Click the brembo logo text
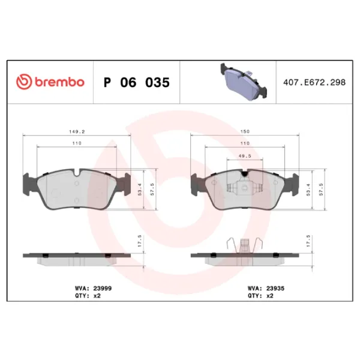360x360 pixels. click(58, 82)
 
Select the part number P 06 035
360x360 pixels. click(136, 82)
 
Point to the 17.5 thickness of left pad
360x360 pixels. click(140, 245)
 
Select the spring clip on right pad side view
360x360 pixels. click(244, 245)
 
